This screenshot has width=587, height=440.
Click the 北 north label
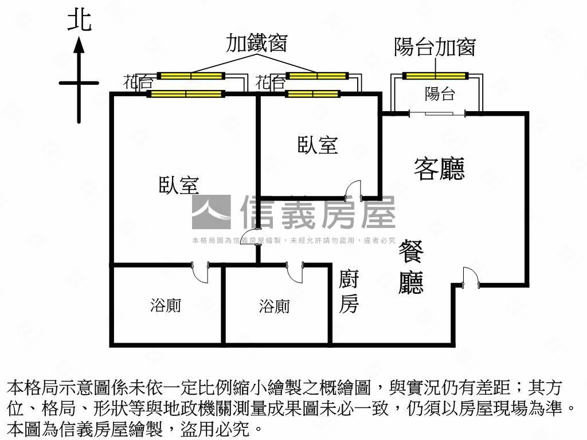[x=79, y=21]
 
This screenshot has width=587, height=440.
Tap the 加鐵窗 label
[x=256, y=44]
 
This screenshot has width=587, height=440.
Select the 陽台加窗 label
[x=435, y=47]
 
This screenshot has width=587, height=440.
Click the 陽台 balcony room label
[x=440, y=94]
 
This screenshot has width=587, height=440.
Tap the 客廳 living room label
[x=439, y=168]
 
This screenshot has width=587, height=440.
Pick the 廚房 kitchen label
[x=349, y=292]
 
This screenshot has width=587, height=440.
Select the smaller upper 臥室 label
[x=318, y=145]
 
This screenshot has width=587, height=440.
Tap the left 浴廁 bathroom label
[x=166, y=306]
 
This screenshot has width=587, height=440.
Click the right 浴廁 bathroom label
[x=274, y=307]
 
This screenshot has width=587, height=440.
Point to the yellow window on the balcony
[x=436, y=76]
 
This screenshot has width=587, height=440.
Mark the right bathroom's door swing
[x=295, y=273]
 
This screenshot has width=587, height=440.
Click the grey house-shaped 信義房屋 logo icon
[x=211, y=212]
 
